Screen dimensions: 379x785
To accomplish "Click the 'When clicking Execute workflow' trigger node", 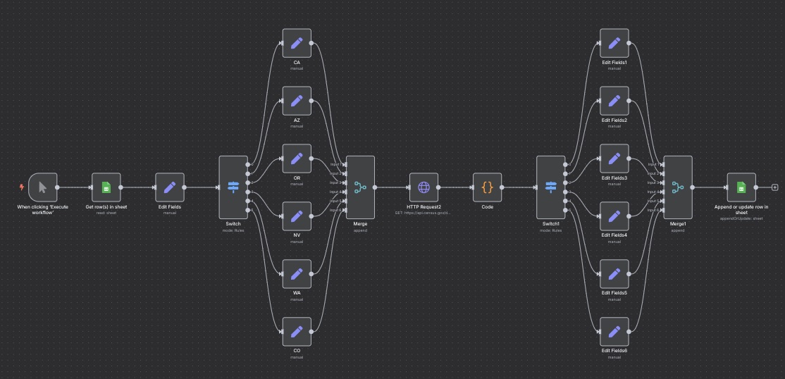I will click(x=43, y=187).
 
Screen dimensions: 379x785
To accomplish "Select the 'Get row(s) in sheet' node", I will click(x=106, y=187).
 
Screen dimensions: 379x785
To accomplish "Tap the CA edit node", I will click(x=297, y=43).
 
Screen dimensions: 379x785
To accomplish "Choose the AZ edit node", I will click(x=297, y=101).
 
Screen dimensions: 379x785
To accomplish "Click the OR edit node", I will click(x=297, y=159).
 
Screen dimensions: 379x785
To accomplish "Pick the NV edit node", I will click(x=297, y=216).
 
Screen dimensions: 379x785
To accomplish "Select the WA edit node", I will click(x=297, y=274).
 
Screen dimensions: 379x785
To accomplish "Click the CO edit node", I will click(x=297, y=332).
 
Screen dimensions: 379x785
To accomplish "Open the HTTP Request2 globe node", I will click(x=424, y=187).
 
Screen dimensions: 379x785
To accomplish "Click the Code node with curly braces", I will click(x=487, y=187).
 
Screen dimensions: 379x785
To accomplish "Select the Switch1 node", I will click(x=550, y=187).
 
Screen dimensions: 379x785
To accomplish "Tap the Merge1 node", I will click(x=678, y=187).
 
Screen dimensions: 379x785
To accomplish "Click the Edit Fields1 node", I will click(x=614, y=43).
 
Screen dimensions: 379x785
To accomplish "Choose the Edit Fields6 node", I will click(x=614, y=332).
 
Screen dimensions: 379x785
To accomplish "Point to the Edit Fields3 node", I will click(x=614, y=159).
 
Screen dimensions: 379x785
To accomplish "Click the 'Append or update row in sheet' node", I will click(x=741, y=187).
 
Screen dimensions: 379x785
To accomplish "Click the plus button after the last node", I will click(x=775, y=187).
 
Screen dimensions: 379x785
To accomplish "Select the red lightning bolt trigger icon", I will click(x=22, y=187).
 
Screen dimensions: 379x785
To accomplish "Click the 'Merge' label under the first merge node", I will click(x=360, y=224).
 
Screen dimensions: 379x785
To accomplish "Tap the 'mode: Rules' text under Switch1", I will click(x=550, y=230).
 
